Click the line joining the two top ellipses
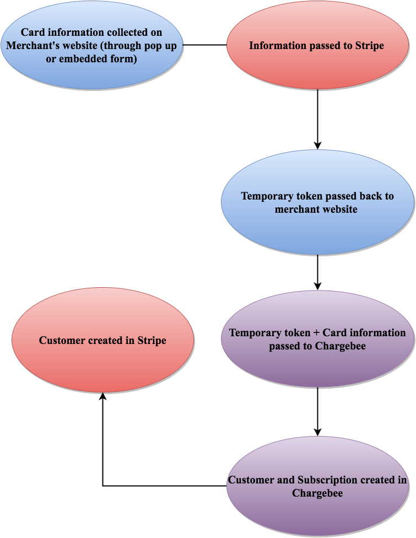[x=205, y=45]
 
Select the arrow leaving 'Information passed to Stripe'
[x=317, y=119]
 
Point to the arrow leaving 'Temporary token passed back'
[x=317, y=272]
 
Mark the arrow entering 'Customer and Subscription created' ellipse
[x=317, y=411]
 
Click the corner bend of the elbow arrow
[x=103, y=486]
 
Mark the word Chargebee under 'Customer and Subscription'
[x=317, y=493]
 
